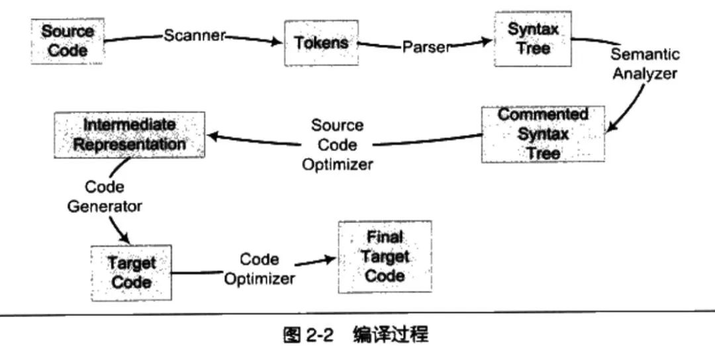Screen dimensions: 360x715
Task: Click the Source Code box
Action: [68, 41]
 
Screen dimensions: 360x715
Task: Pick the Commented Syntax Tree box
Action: [543, 134]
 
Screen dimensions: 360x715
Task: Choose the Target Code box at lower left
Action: [130, 273]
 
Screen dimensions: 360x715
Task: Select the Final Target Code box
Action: [385, 257]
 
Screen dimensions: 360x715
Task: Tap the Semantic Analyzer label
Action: [644, 64]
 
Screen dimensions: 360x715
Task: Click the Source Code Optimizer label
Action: [337, 145]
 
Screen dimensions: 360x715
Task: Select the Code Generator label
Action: [104, 197]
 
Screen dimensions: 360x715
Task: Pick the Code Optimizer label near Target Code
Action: [259, 269]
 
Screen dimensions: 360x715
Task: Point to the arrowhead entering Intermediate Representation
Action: [213, 136]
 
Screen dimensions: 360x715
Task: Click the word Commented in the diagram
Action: [543, 114]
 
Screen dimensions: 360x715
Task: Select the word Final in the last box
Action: [385, 236]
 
